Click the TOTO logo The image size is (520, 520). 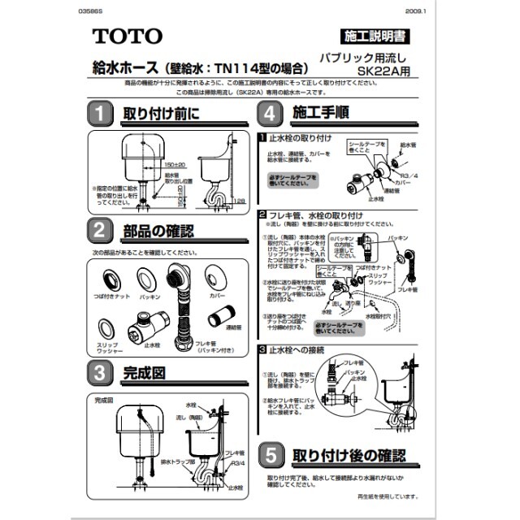click(127, 36)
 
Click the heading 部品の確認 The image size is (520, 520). click(158, 232)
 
